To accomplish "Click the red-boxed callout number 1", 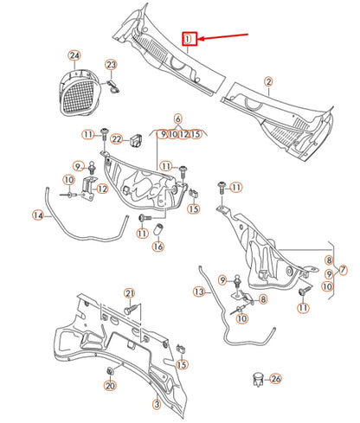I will (x=189, y=39).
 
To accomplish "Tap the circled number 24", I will (x=74, y=57).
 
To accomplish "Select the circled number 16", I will (x=157, y=246).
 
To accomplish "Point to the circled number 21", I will (x=130, y=293).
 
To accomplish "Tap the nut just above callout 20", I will (x=111, y=372).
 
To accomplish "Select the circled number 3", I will (x=156, y=404).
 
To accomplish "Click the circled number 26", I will (x=275, y=378).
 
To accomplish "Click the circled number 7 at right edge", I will (x=343, y=270).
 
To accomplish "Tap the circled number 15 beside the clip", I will (x=194, y=208).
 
